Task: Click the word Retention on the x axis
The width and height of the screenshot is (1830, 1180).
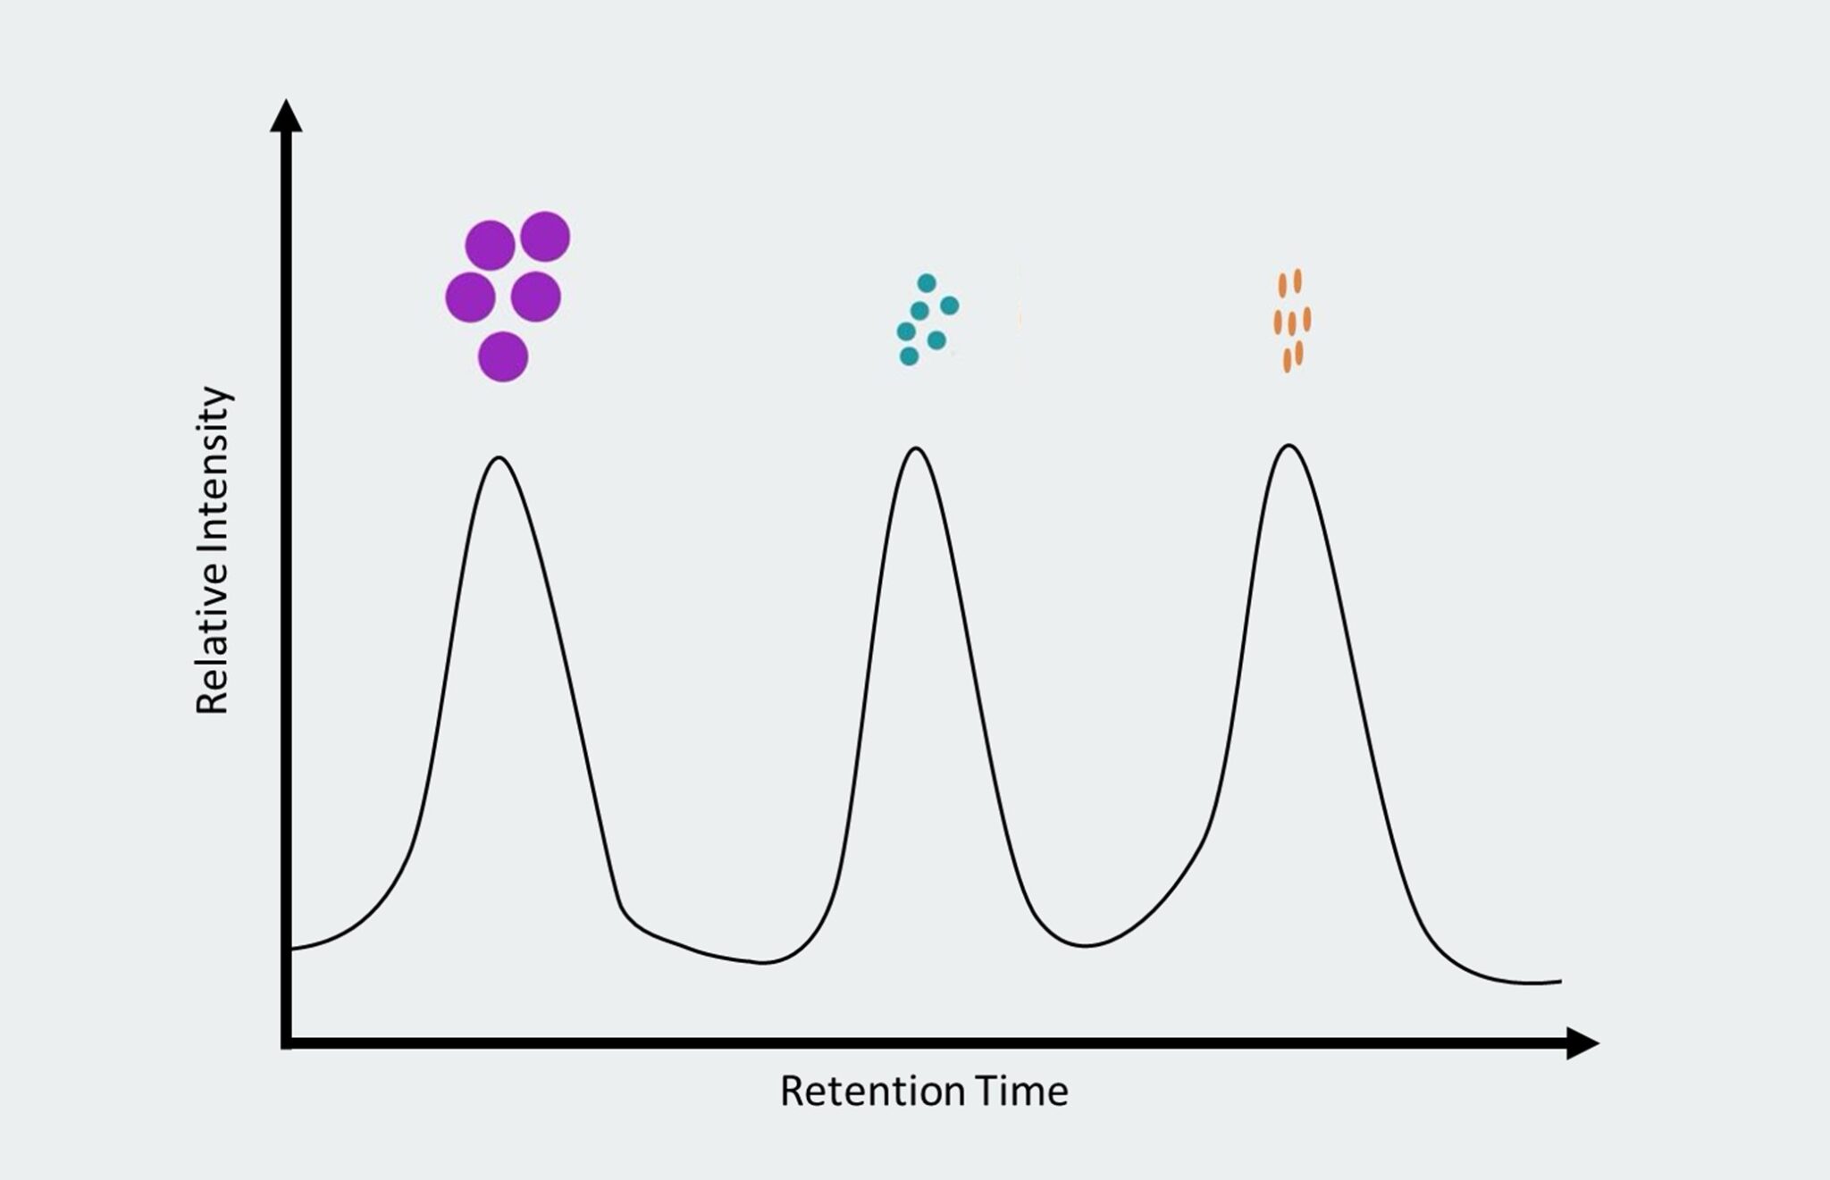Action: pyautogui.click(x=872, y=1092)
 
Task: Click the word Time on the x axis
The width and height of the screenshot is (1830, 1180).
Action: pyautogui.click(x=1021, y=1092)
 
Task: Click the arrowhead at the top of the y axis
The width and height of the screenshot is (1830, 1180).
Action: pyautogui.click(x=286, y=116)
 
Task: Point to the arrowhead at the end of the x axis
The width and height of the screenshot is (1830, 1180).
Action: pyautogui.click(x=1582, y=1042)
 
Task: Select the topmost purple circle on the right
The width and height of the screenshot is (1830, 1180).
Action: pyautogui.click(x=545, y=237)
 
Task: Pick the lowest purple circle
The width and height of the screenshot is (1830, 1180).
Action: pyautogui.click(x=503, y=356)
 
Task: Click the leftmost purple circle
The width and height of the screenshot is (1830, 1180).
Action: pyautogui.click(x=471, y=297)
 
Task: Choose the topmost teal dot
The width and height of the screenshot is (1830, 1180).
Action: pyautogui.click(x=927, y=283)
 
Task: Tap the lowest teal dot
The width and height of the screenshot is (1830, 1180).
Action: pyautogui.click(x=909, y=356)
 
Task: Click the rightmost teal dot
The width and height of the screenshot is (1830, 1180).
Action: pyautogui.click(x=950, y=305)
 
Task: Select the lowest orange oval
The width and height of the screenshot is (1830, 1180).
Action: pyautogui.click(x=1288, y=360)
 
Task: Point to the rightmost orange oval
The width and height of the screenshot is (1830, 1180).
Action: pyautogui.click(x=1307, y=319)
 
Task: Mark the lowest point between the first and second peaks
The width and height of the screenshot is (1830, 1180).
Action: pyautogui.click(x=762, y=962)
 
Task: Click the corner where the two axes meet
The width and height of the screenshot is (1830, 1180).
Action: pyautogui.click(x=286, y=1042)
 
